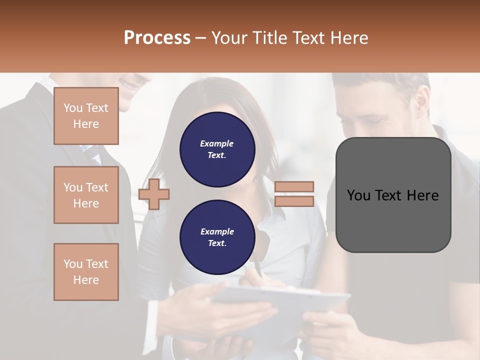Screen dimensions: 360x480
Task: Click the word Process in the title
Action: coord(157,38)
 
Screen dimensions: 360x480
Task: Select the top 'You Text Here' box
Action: coord(86,116)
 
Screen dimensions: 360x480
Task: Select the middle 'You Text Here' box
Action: coord(86,195)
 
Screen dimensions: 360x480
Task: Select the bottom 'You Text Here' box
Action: coord(86,272)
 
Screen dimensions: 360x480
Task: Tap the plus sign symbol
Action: coord(153,194)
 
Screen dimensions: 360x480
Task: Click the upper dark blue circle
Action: coord(217,149)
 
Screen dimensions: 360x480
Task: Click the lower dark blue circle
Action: coord(217,237)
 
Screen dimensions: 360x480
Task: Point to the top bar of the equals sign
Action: coord(294,186)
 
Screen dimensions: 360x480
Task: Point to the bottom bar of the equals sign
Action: coord(294,201)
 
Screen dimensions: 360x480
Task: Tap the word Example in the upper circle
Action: coord(217,143)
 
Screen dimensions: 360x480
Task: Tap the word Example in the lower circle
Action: coord(217,231)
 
